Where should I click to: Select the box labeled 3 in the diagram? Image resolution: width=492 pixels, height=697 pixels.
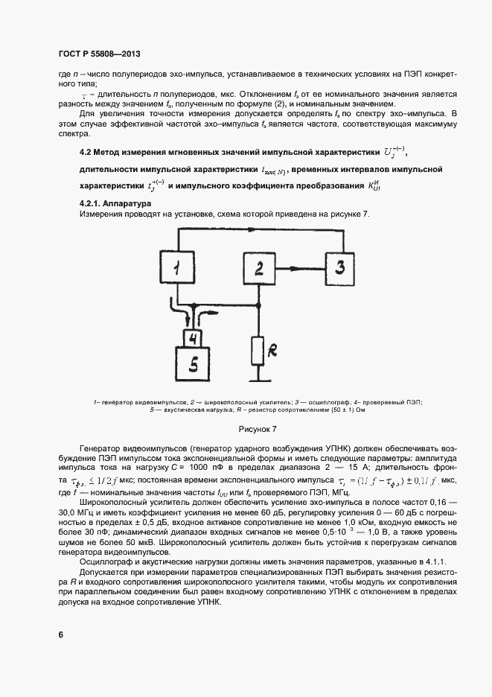339,266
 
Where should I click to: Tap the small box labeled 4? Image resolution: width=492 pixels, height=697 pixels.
192,338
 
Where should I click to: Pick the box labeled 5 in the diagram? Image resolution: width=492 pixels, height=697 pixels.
192,364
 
